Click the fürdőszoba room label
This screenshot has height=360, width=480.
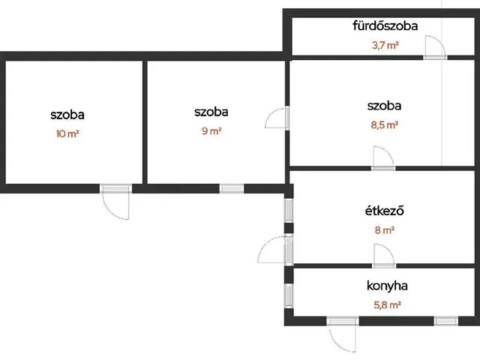point(385,25)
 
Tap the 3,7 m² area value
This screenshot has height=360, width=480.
point(385,46)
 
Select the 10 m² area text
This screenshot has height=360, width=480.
point(67,133)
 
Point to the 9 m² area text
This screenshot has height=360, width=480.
point(211,131)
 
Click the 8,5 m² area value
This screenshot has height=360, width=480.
point(385,125)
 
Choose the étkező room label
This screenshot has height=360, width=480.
point(385,211)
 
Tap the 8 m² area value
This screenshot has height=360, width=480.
point(385,230)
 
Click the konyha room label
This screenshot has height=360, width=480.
point(387,286)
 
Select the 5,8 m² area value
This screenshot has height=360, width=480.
point(387,305)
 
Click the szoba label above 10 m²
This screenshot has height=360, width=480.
point(67,115)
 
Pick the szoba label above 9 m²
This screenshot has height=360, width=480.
point(211,112)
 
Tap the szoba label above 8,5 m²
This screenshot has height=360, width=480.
point(384,106)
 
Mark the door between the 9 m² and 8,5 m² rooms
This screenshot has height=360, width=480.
point(277,118)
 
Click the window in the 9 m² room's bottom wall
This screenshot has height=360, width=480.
point(232,188)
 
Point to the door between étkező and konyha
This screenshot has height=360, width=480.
point(384,256)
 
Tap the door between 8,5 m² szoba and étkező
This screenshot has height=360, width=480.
point(383,158)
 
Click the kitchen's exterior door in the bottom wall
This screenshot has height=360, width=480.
point(343,334)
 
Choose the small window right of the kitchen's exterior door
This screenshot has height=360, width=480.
point(446,321)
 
